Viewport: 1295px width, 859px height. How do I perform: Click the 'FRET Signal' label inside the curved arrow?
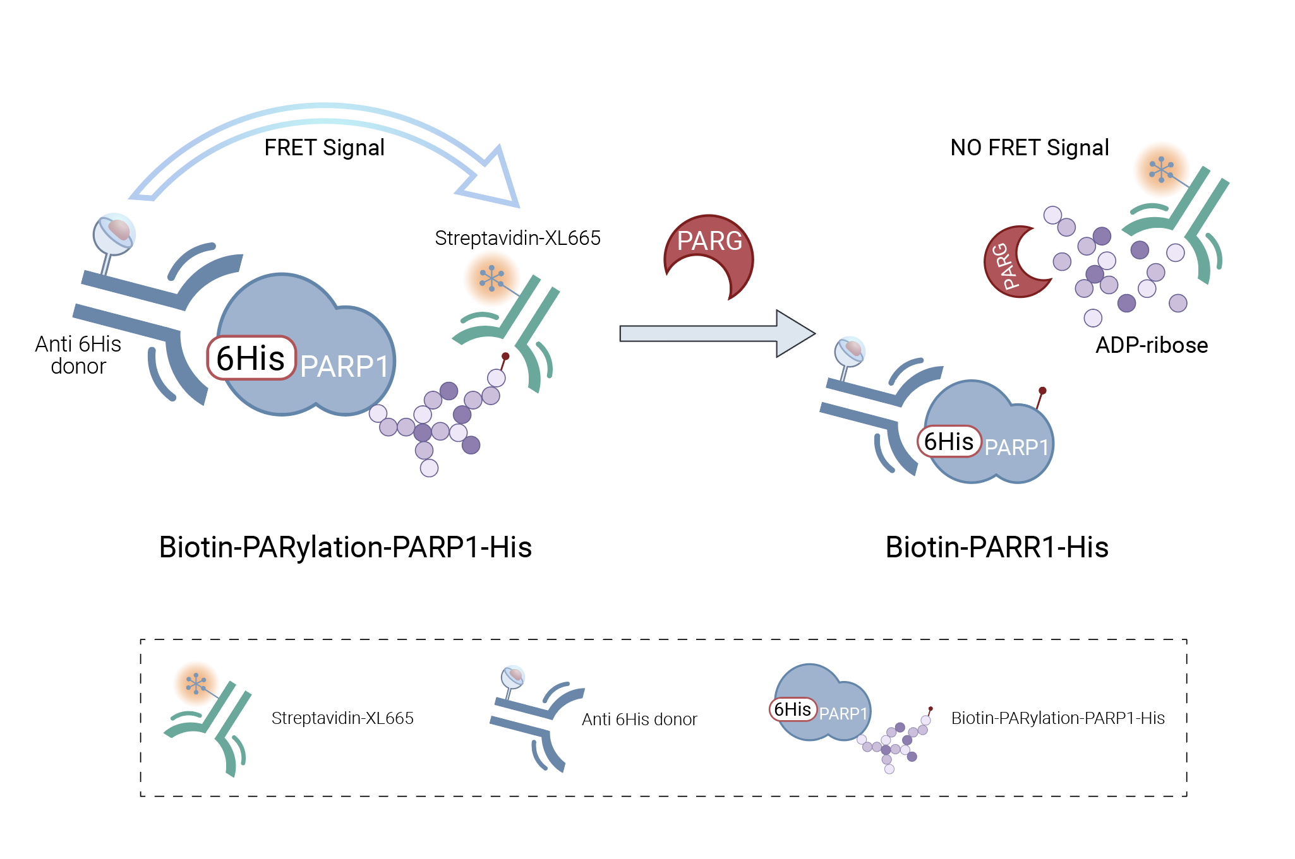(x=324, y=148)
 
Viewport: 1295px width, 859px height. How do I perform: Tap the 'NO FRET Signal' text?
(x=1029, y=148)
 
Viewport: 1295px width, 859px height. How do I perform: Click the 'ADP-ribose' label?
(x=1151, y=345)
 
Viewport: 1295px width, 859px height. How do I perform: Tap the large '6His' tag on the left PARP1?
(x=251, y=358)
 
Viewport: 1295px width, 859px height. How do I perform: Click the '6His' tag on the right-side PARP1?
(x=948, y=441)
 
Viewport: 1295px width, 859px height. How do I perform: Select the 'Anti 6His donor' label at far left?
(x=78, y=355)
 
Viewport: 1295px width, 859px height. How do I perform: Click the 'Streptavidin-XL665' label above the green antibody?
(x=517, y=238)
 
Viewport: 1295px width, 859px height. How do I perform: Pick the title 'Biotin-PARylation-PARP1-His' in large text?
(x=345, y=547)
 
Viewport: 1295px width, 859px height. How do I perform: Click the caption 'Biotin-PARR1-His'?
(x=996, y=547)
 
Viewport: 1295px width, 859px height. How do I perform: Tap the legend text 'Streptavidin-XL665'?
(x=342, y=718)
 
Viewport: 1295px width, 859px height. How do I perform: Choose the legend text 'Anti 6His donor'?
(x=639, y=720)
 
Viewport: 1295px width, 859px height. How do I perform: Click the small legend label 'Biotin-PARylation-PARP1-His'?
(x=1057, y=718)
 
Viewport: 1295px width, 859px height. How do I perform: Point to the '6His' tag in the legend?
(x=793, y=709)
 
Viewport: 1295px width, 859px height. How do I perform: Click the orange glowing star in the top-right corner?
(x=1161, y=169)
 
